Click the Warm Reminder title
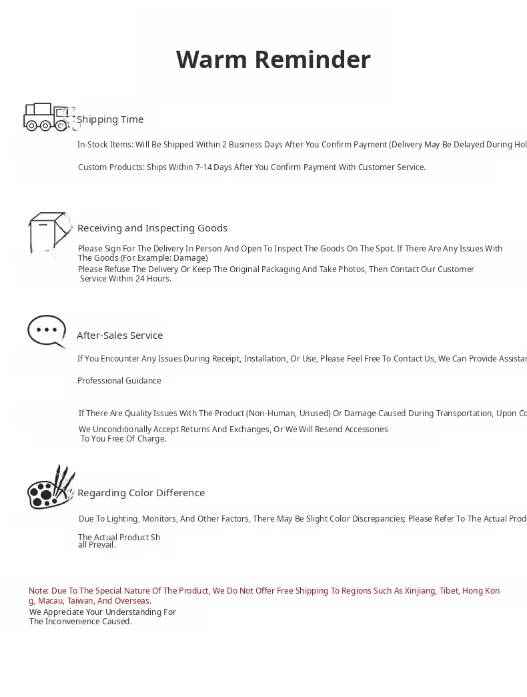click(273, 59)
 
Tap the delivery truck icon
click(48, 117)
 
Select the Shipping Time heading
click(110, 119)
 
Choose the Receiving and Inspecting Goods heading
click(152, 228)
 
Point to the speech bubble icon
click(47, 331)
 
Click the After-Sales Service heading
click(119, 335)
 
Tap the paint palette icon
click(50, 488)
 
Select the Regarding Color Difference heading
click(141, 493)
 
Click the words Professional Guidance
click(119, 381)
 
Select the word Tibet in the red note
click(449, 591)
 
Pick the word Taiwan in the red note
click(80, 601)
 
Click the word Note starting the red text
click(39, 591)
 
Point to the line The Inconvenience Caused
click(81, 622)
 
